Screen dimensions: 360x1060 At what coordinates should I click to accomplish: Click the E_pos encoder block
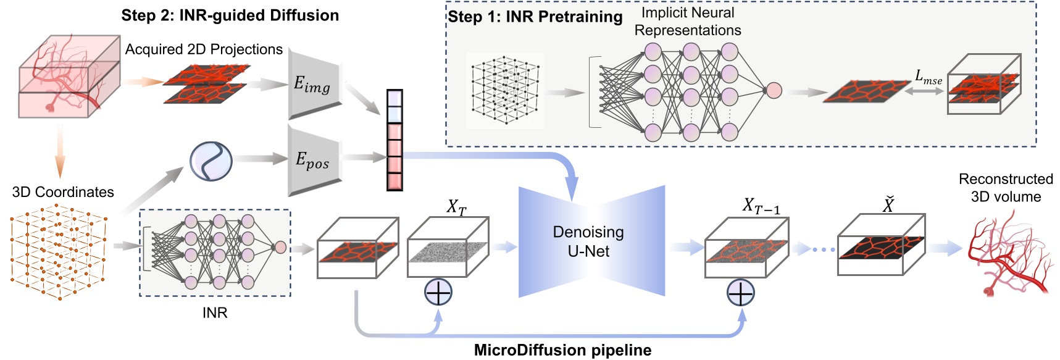tap(314, 161)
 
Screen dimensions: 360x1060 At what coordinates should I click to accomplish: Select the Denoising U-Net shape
tap(590, 241)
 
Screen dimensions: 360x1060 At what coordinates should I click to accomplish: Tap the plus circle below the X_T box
tap(438, 292)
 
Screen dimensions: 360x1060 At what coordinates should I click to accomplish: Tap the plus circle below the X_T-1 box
tap(740, 293)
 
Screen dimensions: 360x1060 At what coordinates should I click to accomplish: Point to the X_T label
tap(456, 207)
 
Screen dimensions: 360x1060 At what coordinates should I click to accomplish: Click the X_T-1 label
tap(761, 206)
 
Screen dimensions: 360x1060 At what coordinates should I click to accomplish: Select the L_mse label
tap(928, 77)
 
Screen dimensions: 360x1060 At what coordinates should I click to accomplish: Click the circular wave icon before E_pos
tap(211, 161)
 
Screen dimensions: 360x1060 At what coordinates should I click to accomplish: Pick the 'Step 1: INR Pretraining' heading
tap(535, 17)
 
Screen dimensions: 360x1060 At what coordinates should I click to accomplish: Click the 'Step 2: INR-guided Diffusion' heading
tap(230, 15)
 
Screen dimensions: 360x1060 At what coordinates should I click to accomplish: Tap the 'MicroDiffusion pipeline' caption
tap(562, 350)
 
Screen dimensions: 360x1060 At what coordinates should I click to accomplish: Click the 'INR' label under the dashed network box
tap(215, 312)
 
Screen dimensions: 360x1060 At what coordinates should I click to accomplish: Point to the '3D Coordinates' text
tap(63, 192)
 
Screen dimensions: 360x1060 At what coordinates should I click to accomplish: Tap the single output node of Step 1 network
tap(774, 91)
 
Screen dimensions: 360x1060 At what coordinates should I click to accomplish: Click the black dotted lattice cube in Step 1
tap(505, 90)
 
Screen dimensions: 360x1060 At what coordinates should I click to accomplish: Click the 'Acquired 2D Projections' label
tap(204, 49)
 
